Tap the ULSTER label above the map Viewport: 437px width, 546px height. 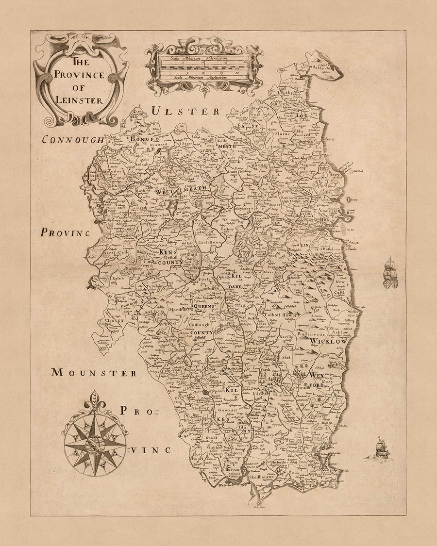point(185,111)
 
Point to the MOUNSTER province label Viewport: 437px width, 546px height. point(94,373)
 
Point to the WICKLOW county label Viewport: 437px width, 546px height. point(329,342)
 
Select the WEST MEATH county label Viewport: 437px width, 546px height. point(182,191)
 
